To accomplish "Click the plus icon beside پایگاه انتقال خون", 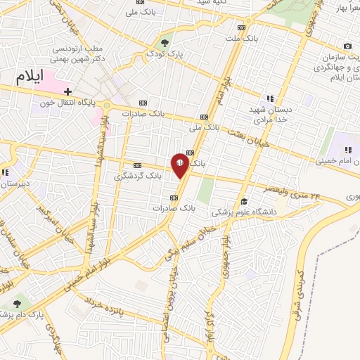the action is tap(67, 91).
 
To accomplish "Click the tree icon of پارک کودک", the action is tap(166, 40).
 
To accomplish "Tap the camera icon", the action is tap(347, 46).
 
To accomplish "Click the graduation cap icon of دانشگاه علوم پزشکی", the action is tap(243, 201).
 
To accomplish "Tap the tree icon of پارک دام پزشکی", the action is tap(17, 303).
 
